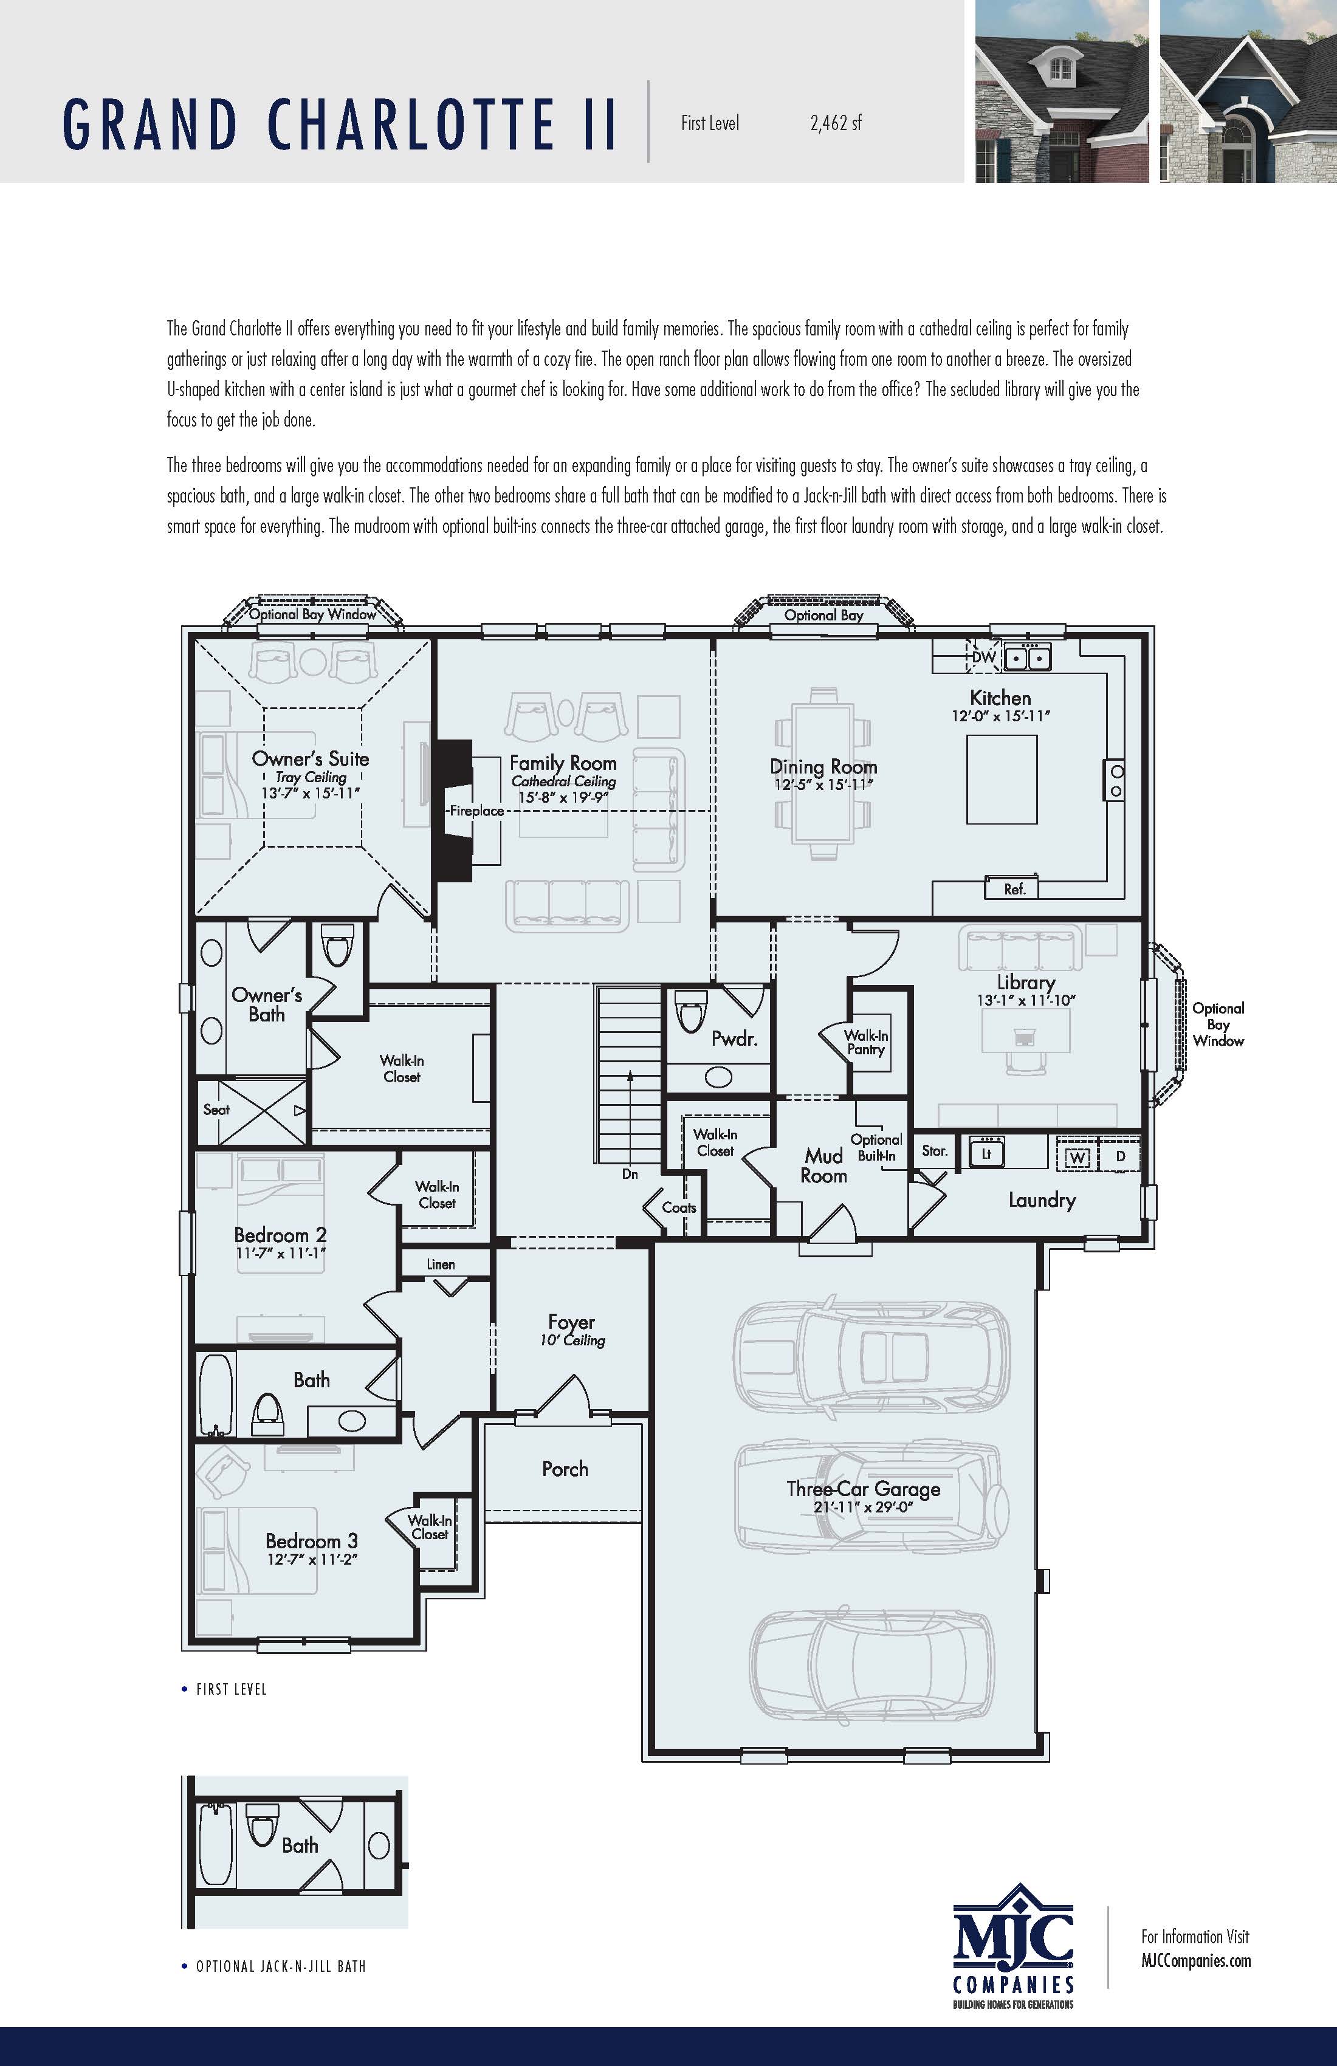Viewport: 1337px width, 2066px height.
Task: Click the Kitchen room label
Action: click(1000, 697)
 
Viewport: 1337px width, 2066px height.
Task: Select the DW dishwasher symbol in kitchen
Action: click(984, 657)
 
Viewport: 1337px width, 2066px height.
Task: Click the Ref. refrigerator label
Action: click(1014, 889)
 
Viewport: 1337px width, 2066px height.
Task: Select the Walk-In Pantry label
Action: click(865, 1042)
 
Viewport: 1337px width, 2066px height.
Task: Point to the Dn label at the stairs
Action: click(630, 1173)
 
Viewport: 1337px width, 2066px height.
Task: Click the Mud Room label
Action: click(823, 1165)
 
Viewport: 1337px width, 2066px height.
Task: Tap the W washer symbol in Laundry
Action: click(1076, 1156)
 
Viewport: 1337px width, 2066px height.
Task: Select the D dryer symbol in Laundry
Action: click(1120, 1156)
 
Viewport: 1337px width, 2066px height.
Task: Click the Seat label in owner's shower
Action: click(216, 1110)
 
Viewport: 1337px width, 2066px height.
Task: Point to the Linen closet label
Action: click(440, 1264)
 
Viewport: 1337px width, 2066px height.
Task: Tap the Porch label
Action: click(565, 1469)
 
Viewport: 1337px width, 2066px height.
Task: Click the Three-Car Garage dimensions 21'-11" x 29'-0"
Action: click(863, 1507)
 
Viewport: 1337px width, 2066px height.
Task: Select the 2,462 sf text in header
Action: click(835, 123)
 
